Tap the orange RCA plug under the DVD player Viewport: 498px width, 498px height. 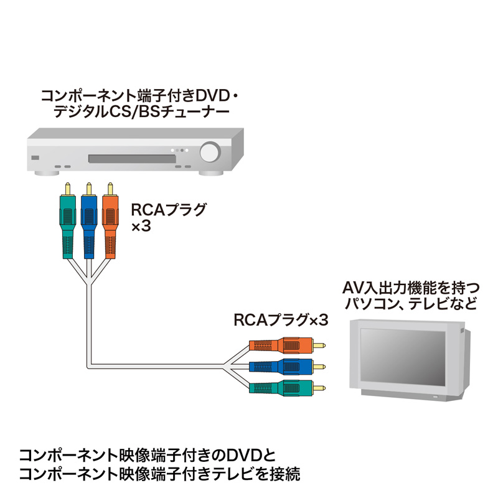(110, 224)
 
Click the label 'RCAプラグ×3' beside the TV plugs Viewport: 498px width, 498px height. (280, 321)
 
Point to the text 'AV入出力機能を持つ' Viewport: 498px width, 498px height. (411, 288)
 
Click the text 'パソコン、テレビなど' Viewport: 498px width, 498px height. (411, 304)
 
